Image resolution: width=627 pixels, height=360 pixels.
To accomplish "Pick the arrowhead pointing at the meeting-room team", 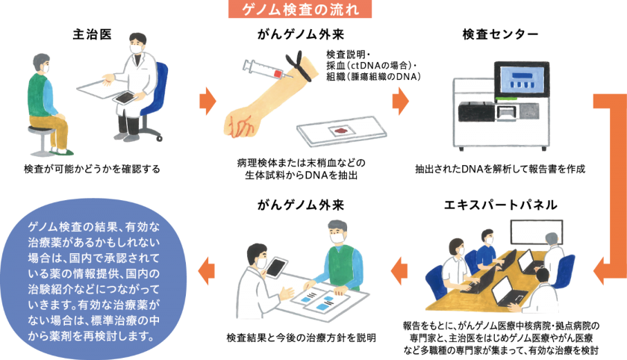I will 597,268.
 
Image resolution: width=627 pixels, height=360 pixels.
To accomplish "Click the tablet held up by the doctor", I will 276,267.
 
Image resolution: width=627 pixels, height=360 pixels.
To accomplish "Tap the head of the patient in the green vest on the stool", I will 39,64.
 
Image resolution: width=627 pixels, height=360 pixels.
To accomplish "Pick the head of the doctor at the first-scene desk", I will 137,45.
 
